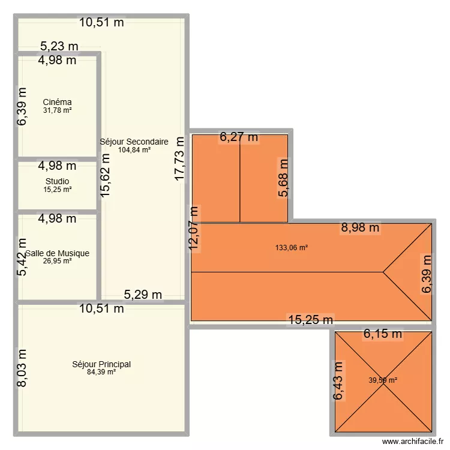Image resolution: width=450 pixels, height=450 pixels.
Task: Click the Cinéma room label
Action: click(57, 102)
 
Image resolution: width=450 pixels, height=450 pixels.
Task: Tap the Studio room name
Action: click(57, 181)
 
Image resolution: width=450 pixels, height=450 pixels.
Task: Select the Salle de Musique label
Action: click(57, 253)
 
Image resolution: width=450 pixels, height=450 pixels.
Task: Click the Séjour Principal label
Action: click(101, 364)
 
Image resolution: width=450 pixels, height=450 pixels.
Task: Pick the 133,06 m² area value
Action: click(291, 247)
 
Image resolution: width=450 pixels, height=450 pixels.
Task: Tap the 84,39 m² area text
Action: click(101, 372)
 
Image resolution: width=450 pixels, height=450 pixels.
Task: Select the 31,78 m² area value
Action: click(57, 110)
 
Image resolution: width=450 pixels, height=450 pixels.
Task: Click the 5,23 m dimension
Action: click(59, 46)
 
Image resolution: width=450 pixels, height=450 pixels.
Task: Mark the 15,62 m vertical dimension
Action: click(105, 175)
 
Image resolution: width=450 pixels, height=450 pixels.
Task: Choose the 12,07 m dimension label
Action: click(194, 230)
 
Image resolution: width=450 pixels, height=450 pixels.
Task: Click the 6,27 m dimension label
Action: click(239, 137)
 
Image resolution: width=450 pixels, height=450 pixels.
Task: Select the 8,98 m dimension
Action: click(360, 227)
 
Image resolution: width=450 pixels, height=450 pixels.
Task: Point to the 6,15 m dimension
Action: click(383, 334)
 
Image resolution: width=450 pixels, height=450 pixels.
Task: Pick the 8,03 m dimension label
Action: click(22, 368)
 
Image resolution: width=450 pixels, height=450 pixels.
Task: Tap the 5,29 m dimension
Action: click(143, 294)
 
